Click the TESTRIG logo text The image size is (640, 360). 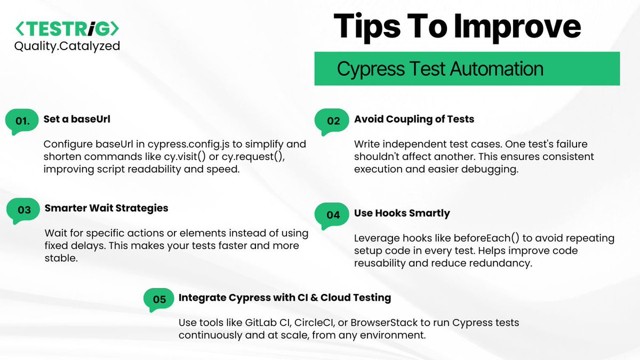coord(67,28)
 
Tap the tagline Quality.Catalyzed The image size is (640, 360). coord(67,46)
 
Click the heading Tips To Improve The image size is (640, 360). coord(457,26)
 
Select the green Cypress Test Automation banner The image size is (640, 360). coord(467,69)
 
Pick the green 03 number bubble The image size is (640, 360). coord(24,210)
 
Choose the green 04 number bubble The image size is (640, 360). coord(333,215)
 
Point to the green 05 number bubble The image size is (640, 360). coord(159,299)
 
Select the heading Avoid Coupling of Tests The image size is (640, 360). coord(414,119)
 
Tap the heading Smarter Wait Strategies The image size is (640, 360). coord(106,208)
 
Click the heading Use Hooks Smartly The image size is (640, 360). coord(402,213)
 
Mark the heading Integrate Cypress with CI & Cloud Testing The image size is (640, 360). coord(284,298)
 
